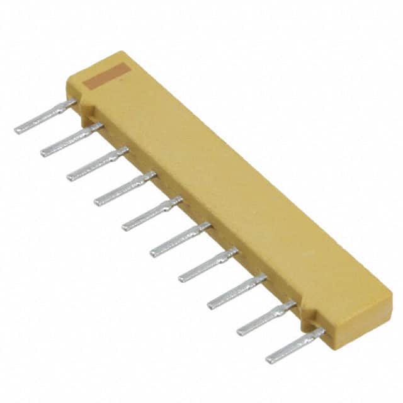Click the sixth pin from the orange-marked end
click(x=180, y=239)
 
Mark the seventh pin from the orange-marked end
click(x=208, y=264)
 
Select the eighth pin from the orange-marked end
click(x=237, y=290)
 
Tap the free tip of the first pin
click(x=18, y=130)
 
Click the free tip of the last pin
click(x=270, y=360)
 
